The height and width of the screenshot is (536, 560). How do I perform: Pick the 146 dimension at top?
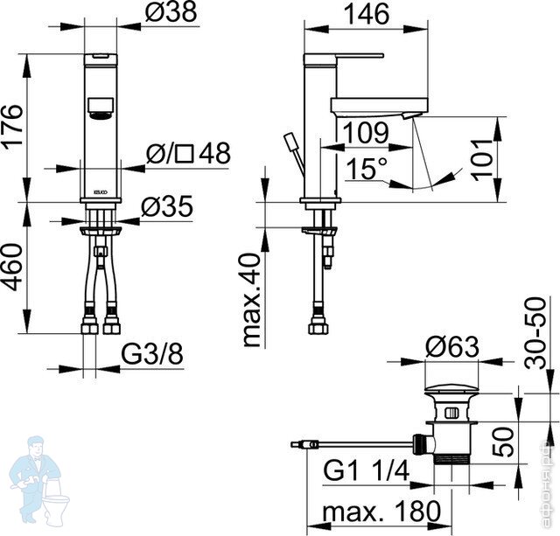point(342,15)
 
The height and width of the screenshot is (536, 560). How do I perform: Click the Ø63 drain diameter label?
point(452,347)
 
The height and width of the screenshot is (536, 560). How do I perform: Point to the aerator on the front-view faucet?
point(101,108)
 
